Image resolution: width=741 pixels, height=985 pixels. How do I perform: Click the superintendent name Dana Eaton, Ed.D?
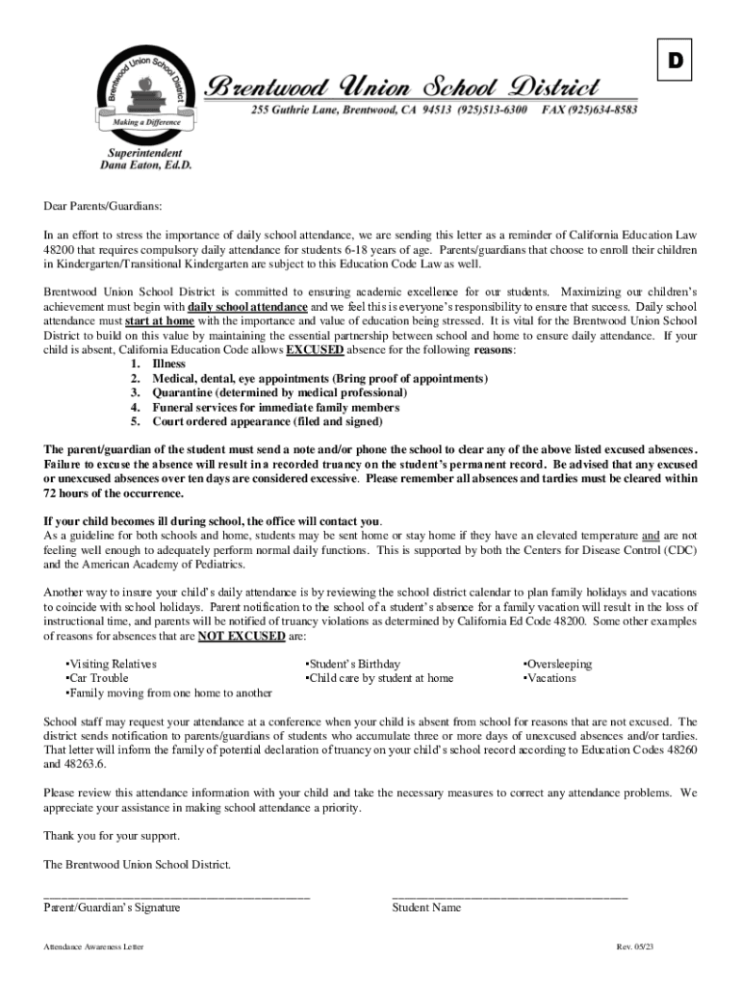(146, 165)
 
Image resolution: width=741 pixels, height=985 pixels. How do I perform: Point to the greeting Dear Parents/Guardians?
(103, 206)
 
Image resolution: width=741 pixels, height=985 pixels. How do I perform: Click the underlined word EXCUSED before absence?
(314, 351)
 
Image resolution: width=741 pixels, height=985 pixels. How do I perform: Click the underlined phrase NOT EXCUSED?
(242, 636)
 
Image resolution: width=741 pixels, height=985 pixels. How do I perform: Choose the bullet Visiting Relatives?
(111, 664)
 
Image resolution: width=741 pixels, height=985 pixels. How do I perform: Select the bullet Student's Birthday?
(352, 664)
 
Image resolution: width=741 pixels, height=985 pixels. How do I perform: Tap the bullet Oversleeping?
(558, 664)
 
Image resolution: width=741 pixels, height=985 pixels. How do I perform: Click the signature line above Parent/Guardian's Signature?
(176, 895)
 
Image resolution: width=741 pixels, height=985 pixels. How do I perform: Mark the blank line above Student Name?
(509, 895)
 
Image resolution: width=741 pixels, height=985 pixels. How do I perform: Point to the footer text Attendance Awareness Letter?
(93, 947)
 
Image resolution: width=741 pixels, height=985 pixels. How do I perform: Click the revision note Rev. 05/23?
(635, 947)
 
